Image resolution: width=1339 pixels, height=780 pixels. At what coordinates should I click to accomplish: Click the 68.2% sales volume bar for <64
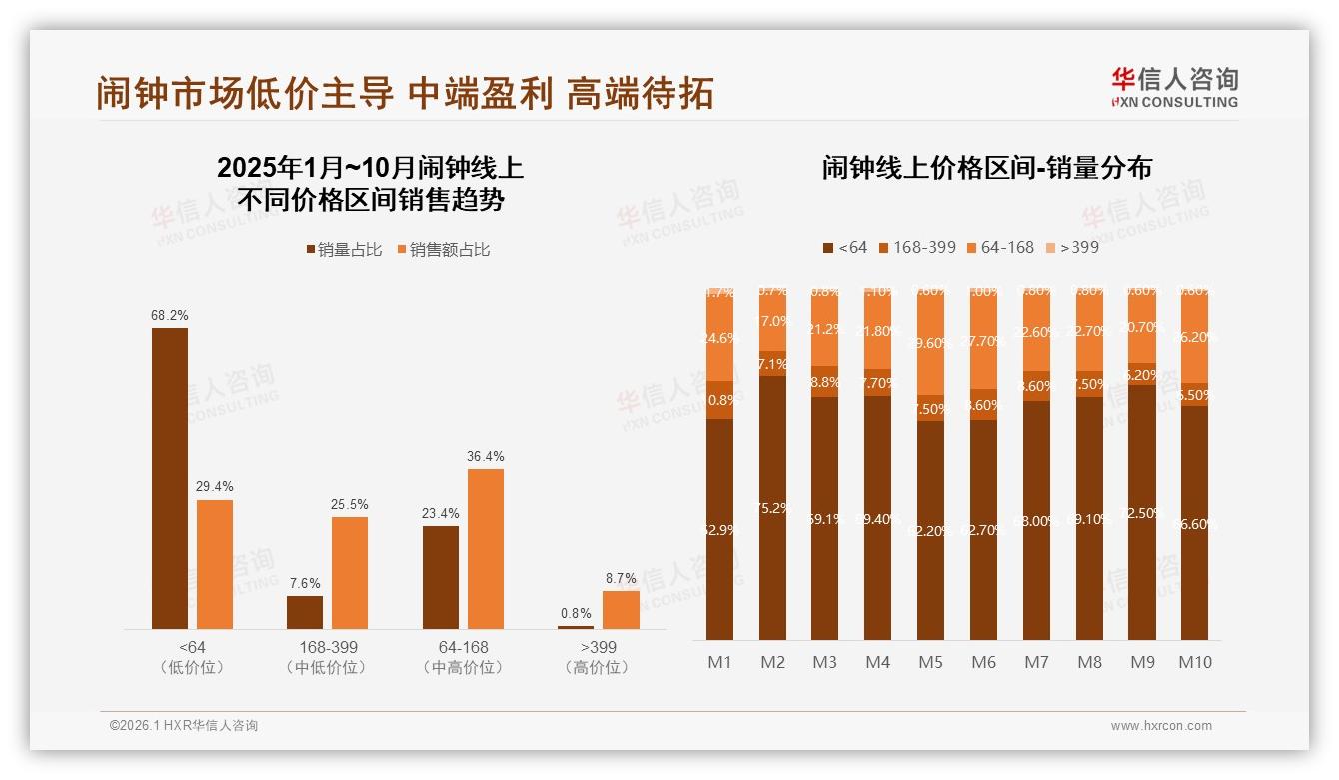[x=170, y=478]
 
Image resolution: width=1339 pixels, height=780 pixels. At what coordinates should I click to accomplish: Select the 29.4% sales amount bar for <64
[x=215, y=564]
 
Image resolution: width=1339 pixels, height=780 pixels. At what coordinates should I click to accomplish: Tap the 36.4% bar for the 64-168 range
[x=486, y=548]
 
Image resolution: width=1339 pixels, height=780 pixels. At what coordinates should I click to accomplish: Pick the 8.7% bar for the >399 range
[x=621, y=609]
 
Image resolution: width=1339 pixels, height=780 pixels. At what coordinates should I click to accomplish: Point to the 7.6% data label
[x=305, y=583]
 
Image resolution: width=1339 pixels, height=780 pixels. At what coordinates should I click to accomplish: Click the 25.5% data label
[x=350, y=504]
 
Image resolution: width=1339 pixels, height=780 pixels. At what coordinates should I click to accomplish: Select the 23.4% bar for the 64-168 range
[x=441, y=577]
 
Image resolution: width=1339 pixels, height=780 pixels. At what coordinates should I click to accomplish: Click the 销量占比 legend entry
[x=344, y=250]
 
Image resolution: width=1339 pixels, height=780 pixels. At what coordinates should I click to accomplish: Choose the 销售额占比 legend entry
[x=444, y=250]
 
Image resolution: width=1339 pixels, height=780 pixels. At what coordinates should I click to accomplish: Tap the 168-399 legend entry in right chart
[x=916, y=247]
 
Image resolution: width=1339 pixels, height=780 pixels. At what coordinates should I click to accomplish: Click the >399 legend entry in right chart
[x=1071, y=247]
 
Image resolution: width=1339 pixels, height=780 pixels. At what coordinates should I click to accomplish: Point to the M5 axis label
[x=930, y=662]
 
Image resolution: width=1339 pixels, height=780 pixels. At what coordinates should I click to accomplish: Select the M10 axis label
[x=1194, y=662]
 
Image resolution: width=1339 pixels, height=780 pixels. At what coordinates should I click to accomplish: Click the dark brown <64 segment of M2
[x=772, y=507]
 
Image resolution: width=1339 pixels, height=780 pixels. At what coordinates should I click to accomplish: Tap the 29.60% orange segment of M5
[x=930, y=342]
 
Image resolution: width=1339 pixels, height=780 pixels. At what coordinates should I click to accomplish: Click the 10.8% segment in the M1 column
[x=719, y=400]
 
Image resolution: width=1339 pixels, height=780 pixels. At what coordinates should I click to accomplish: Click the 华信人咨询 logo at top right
[x=1174, y=86]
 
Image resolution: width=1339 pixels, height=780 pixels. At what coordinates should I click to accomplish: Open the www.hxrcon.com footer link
[x=1161, y=726]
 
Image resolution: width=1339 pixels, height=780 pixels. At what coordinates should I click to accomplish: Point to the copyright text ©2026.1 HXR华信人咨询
[x=184, y=726]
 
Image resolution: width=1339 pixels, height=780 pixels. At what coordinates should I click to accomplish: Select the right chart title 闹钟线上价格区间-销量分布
[x=986, y=168]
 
